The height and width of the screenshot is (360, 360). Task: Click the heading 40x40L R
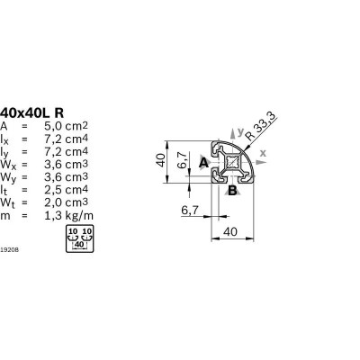(32, 113)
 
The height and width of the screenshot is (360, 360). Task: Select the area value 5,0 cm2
(66, 126)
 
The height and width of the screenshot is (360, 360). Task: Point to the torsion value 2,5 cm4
(66, 190)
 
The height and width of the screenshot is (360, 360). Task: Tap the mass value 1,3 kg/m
(68, 216)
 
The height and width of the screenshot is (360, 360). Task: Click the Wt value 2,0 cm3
(66, 202)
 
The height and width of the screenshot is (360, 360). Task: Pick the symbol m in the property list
(5, 216)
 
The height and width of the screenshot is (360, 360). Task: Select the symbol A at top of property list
(4, 126)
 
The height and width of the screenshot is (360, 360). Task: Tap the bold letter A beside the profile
(203, 163)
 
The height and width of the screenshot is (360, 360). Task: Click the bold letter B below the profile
(232, 190)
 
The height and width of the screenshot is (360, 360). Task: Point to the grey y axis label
(240, 131)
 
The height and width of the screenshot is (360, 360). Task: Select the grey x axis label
(263, 153)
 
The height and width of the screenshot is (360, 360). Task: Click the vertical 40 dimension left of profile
(161, 160)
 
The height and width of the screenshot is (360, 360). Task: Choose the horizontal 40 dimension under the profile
(230, 231)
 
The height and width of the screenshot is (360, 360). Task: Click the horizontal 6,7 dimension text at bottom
(190, 211)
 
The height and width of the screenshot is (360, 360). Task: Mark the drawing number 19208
(10, 249)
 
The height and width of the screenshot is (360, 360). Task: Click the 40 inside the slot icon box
(79, 245)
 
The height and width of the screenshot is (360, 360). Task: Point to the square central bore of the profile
(233, 162)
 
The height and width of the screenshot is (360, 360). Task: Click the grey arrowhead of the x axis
(263, 162)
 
